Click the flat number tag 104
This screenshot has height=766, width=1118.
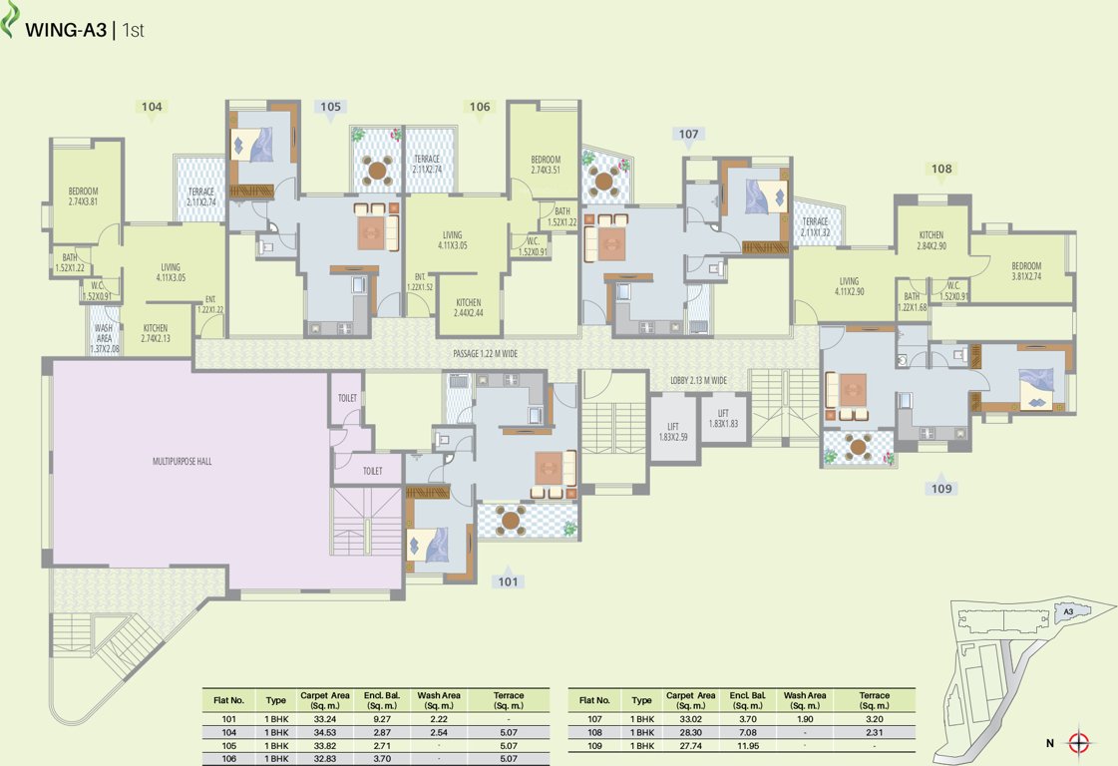tap(152, 107)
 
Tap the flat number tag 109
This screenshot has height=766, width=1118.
tap(942, 489)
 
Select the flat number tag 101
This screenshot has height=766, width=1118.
tap(508, 581)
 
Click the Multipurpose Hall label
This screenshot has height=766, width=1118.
tap(182, 462)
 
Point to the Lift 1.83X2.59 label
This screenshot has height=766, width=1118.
tap(673, 431)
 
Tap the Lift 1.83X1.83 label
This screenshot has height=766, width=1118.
tap(723, 418)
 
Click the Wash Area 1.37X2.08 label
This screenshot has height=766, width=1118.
tap(104, 337)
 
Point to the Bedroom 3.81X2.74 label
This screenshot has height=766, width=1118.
tap(1025, 271)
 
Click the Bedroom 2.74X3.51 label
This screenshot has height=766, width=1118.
tap(546, 165)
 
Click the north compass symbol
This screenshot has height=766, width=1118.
tap(1078, 742)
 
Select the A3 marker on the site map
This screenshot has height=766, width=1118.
tap(1067, 610)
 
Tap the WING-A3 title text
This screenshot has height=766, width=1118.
tap(67, 31)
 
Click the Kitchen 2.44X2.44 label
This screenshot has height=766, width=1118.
tap(469, 307)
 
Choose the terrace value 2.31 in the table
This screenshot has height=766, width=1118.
tap(874, 732)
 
